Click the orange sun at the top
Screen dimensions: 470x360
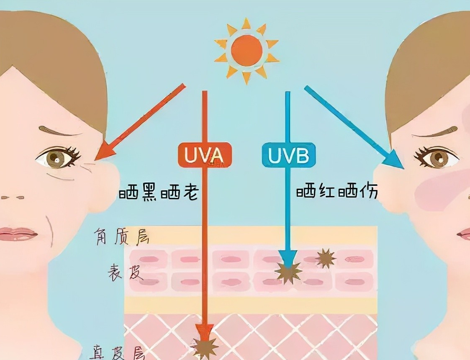point(247,51)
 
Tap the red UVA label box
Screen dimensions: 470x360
point(205,155)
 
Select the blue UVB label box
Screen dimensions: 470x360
point(288,155)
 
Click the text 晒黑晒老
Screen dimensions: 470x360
point(158,193)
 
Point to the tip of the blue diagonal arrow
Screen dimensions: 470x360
point(402,167)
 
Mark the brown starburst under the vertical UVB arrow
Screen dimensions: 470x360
point(288,271)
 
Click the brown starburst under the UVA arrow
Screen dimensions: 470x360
point(205,346)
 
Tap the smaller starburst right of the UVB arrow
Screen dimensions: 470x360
point(326,258)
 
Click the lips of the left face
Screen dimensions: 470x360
point(18,234)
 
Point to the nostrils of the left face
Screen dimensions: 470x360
point(13,197)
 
